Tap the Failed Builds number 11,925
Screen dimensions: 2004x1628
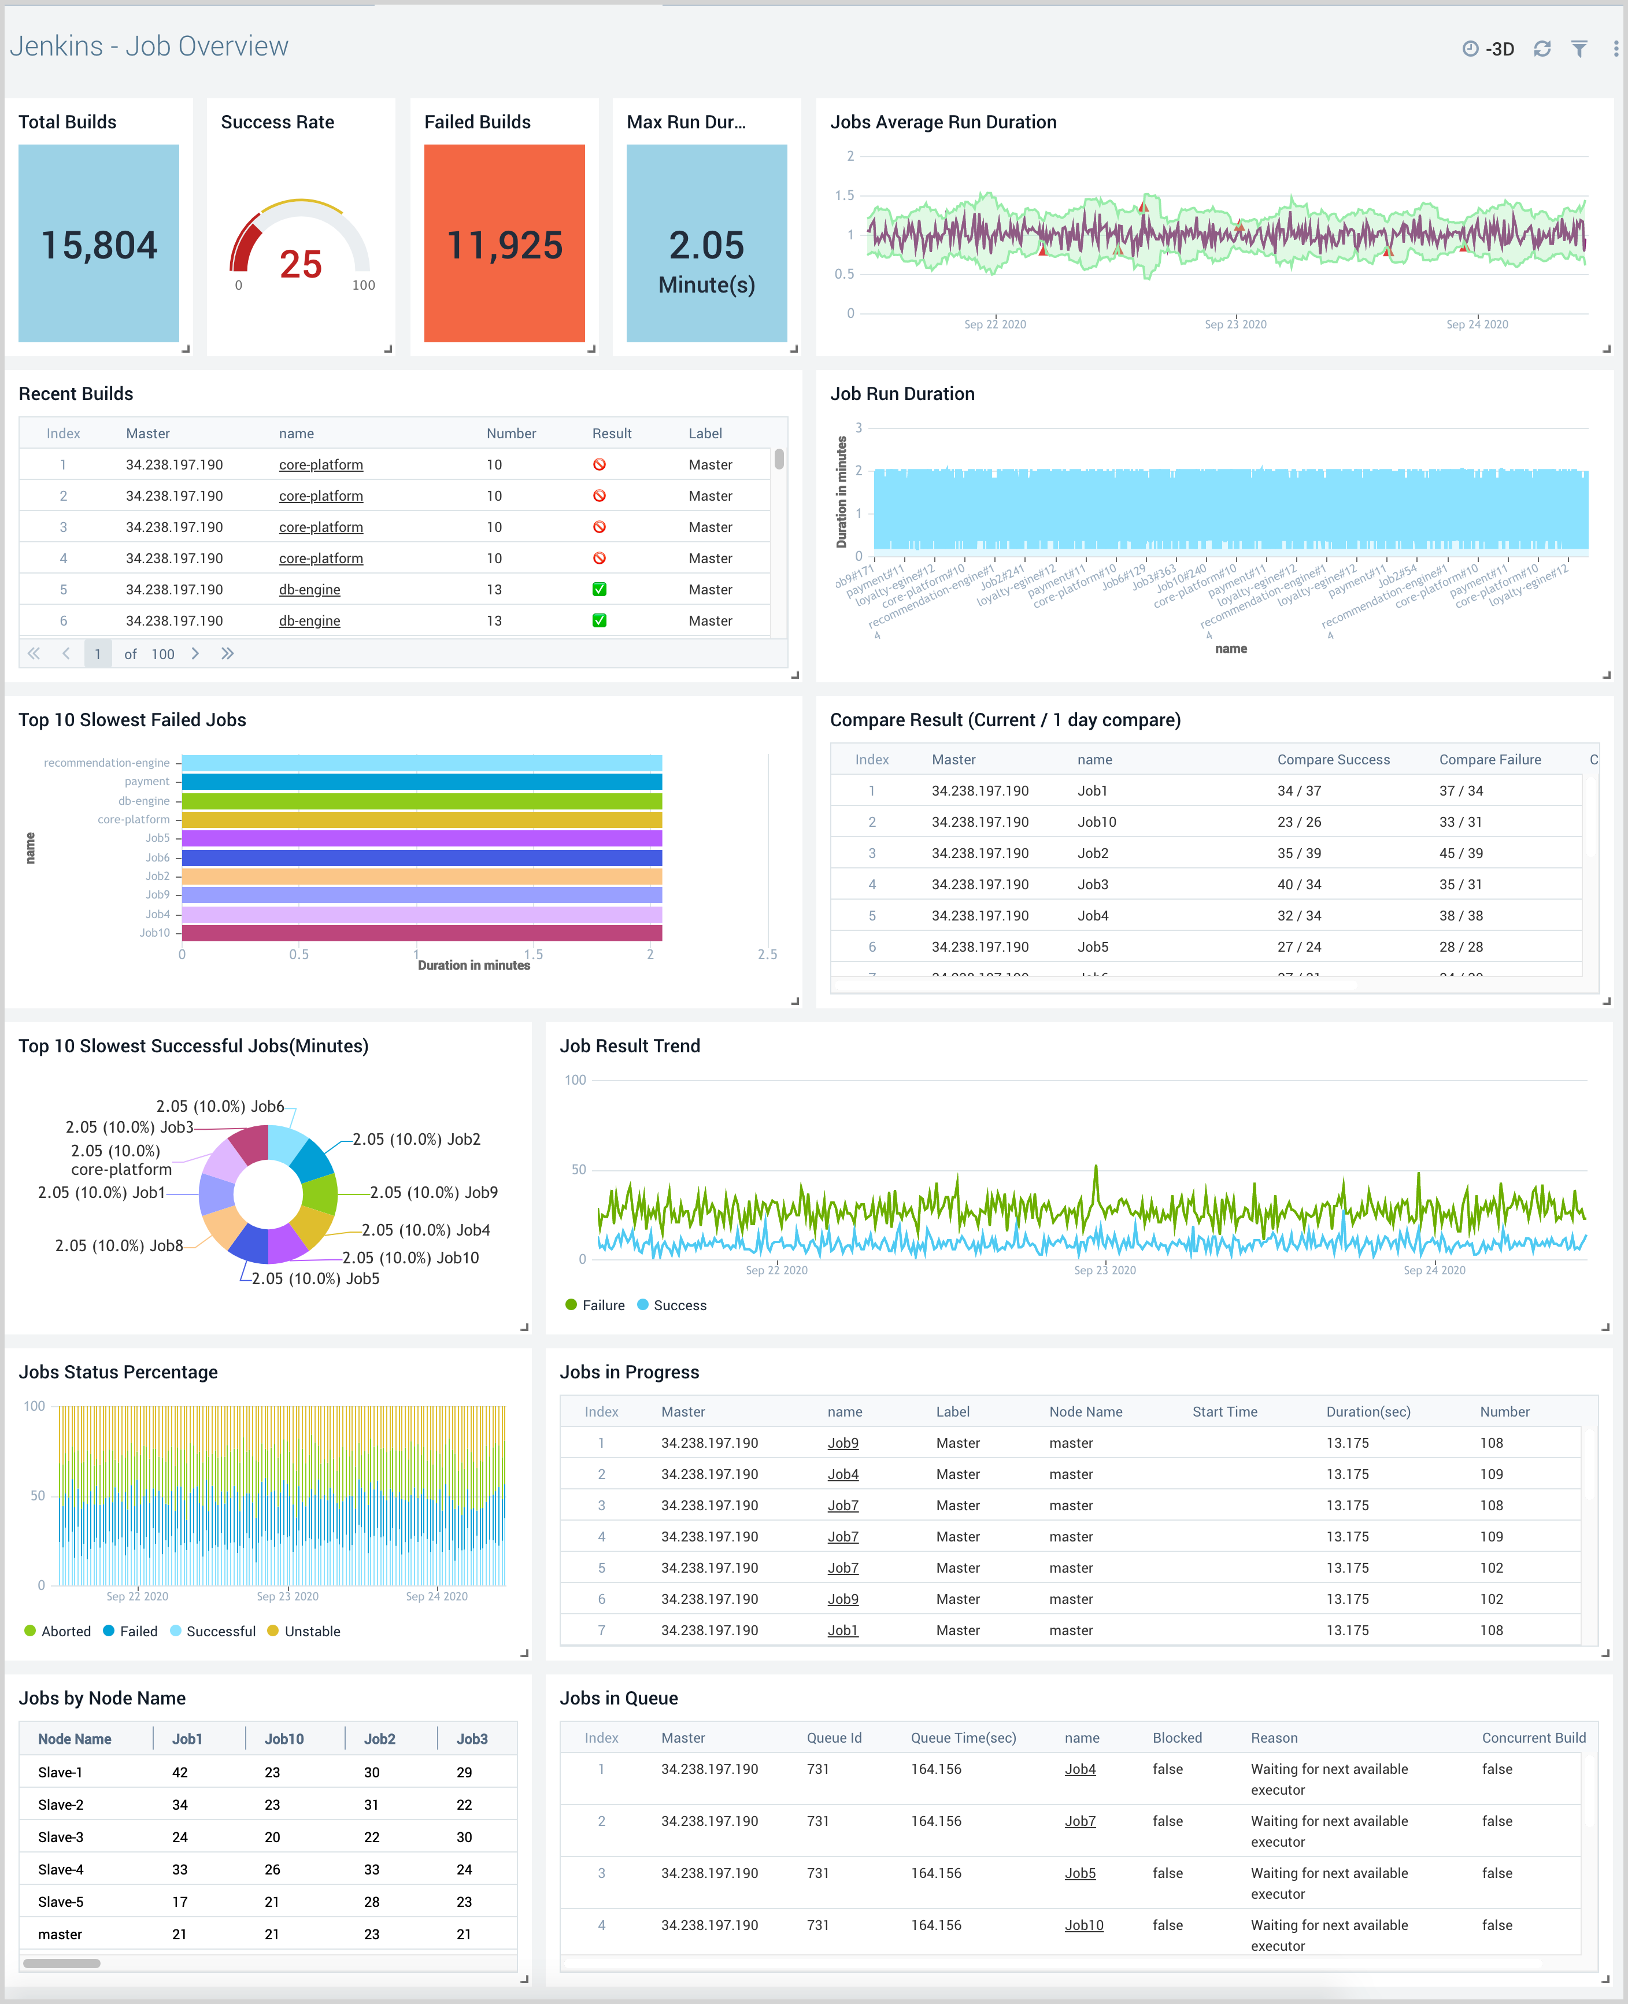click(505, 246)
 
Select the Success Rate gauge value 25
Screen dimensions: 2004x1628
click(300, 264)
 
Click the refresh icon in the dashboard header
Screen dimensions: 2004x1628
click(1542, 49)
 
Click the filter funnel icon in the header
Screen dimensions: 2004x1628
click(1579, 49)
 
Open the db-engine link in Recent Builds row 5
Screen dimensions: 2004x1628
click(309, 590)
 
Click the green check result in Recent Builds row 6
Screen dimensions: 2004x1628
click(600, 621)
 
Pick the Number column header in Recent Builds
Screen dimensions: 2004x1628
click(511, 433)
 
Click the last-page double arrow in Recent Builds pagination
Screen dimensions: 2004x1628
click(227, 653)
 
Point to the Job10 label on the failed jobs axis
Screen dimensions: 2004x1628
click(155, 933)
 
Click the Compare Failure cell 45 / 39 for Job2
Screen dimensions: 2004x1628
click(1460, 853)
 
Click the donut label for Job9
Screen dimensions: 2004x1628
click(433, 1193)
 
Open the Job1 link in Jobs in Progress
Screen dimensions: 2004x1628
click(842, 1630)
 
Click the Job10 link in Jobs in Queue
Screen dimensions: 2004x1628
click(1083, 1925)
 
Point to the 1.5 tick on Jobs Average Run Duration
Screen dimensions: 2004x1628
click(845, 195)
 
